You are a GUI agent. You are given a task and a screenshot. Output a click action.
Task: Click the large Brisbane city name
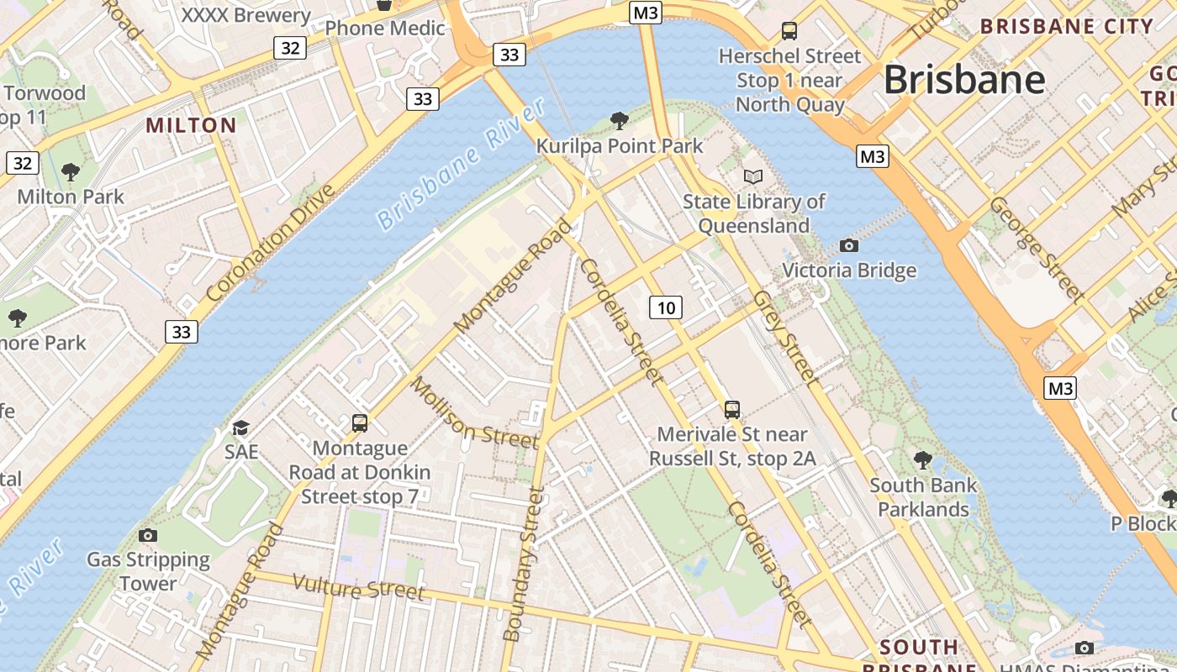(964, 81)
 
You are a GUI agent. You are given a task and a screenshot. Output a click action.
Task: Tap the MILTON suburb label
(191, 126)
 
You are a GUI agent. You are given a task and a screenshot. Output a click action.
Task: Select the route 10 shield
(666, 307)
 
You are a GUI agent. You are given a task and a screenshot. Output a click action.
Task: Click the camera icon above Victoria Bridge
(849, 245)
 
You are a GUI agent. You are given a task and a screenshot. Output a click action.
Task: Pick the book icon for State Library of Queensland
(753, 176)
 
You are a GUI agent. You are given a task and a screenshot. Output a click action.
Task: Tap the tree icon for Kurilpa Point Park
(620, 121)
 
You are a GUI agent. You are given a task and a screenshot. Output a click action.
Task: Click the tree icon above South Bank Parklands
(923, 459)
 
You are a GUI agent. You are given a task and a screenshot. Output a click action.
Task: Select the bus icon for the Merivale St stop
(732, 410)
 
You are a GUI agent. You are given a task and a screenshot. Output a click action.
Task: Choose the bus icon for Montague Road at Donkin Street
(360, 423)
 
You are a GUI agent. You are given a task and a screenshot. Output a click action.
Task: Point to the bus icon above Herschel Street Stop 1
(789, 31)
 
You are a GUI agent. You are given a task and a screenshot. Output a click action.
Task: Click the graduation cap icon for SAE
(241, 428)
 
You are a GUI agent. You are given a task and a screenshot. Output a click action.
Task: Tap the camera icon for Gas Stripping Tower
(148, 535)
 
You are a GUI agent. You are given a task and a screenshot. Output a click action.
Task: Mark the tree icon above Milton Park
(71, 172)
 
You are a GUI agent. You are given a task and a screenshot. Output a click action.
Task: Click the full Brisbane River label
(462, 165)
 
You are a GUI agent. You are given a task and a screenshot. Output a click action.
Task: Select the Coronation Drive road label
(270, 244)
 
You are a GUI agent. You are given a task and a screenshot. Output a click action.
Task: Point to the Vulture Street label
(358, 586)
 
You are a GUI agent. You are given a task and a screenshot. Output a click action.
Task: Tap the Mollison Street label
(473, 413)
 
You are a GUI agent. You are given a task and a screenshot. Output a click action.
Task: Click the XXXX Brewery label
(245, 15)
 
